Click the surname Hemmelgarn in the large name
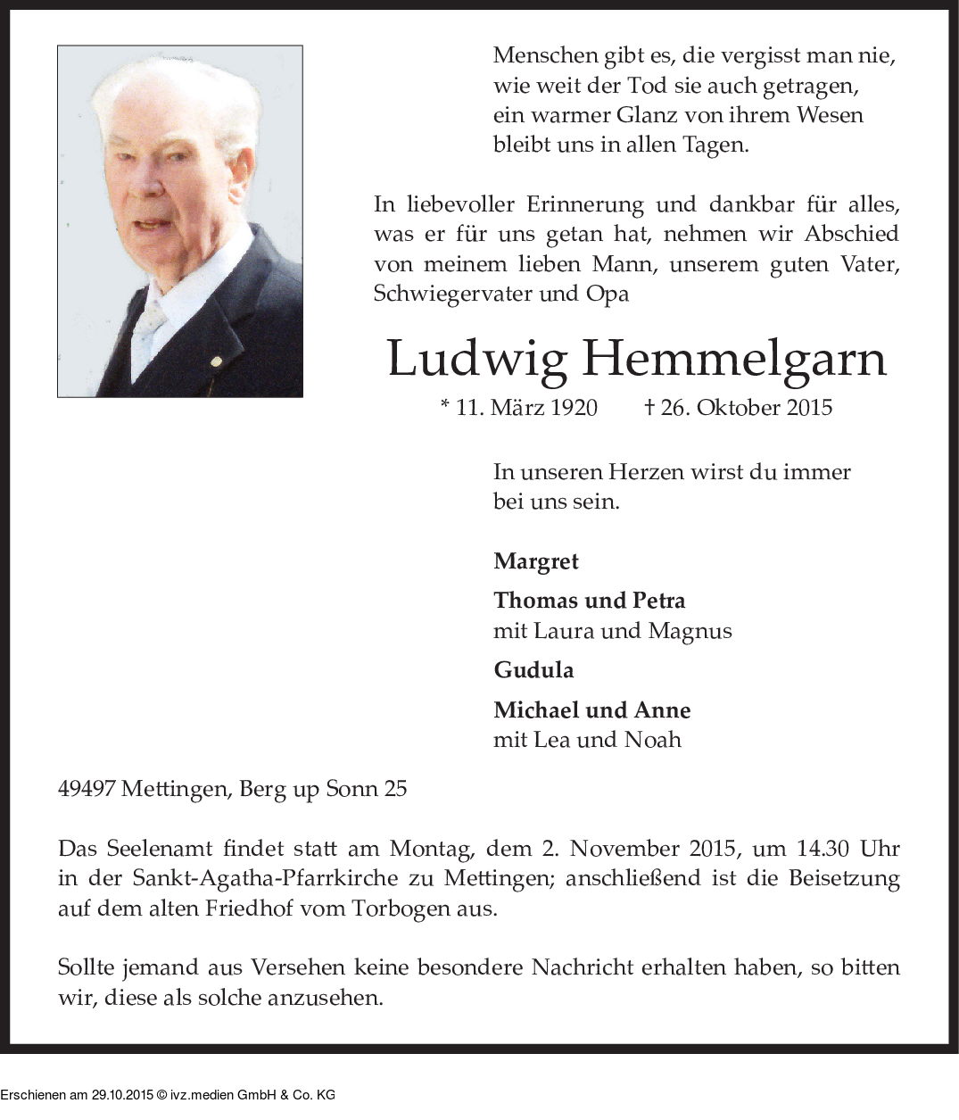(735, 359)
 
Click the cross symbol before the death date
(649, 408)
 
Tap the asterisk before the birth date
(445, 406)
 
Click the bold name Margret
(536, 561)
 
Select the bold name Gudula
(533, 670)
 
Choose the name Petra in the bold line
(658, 601)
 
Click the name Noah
(652, 740)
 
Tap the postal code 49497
(86, 789)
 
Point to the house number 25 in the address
(394, 789)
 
